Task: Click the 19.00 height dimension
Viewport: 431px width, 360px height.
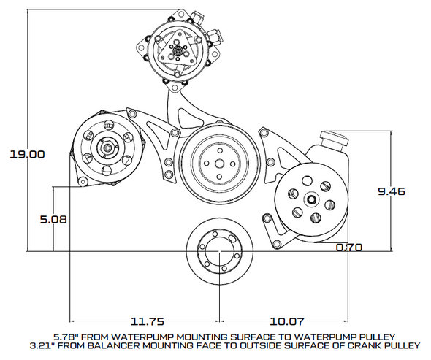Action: point(27,155)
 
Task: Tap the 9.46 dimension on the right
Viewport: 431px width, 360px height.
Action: point(391,191)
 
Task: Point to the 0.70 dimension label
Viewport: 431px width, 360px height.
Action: point(349,248)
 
